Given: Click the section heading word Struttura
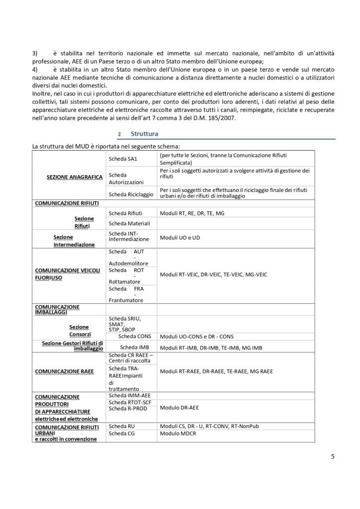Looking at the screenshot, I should [144, 134].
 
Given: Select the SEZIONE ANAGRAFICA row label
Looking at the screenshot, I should [74, 177].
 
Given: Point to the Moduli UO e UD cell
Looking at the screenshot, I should [180, 238].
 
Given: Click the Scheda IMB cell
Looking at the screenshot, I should [132, 347].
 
